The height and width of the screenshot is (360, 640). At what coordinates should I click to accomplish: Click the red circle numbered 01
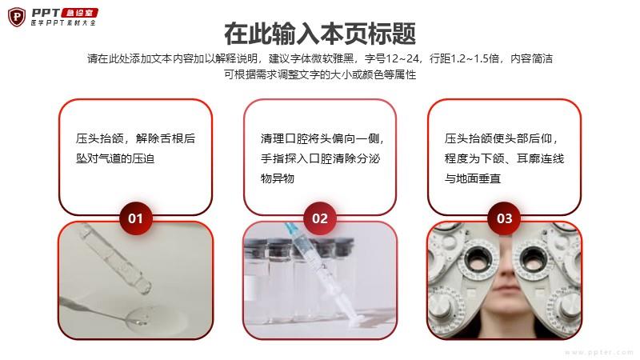pos(135,218)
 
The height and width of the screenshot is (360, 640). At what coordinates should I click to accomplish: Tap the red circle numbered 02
pos(320,218)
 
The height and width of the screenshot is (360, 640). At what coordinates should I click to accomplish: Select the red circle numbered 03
pos(505,218)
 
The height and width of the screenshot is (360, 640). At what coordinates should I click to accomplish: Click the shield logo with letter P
pos(17,17)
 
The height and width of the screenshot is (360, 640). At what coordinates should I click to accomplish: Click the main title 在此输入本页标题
pos(320,34)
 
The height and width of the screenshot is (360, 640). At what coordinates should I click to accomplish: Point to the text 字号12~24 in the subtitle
pos(392,58)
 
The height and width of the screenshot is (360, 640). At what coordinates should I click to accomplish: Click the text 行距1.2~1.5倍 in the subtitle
pos(465,58)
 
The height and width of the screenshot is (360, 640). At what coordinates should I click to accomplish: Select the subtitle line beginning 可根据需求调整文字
pos(320,74)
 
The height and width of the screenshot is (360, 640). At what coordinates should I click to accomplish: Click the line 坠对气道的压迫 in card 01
pos(115,158)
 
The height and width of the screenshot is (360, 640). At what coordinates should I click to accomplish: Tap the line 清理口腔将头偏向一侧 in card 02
pos(322,138)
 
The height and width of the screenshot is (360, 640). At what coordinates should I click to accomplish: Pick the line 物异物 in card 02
pos(277,178)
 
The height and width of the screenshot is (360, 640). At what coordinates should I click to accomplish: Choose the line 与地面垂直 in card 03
pos(473,178)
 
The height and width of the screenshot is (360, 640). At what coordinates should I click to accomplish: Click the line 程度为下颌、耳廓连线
pos(504,158)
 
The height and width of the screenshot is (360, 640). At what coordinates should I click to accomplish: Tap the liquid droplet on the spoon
pos(139,317)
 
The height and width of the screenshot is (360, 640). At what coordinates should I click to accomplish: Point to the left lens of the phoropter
pos(478,258)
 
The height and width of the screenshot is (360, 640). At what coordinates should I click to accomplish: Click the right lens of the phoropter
pos(532,258)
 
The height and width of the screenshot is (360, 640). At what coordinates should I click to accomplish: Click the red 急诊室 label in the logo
pos(79,13)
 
